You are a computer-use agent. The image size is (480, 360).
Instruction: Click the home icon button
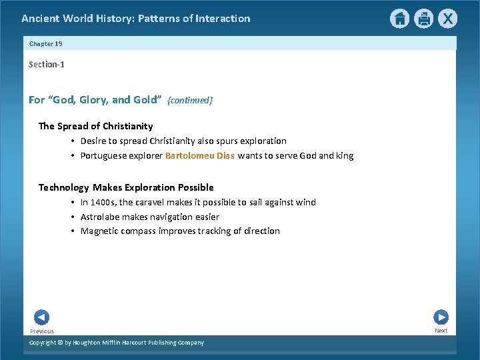pyautogui.click(x=399, y=19)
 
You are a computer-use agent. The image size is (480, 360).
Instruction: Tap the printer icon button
pyautogui.click(x=423, y=19)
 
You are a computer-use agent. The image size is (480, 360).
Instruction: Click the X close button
pyautogui.click(x=447, y=19)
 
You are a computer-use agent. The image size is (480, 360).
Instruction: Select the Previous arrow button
pyautogui.click(x=41, y=317)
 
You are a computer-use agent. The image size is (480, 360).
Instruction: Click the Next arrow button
pyautogui.click(x=441, y=317)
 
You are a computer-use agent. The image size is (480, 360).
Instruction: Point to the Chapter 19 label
pyautogui.click(x=45, y=43)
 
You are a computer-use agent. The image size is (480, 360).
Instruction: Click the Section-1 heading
pyautogui.click(x=47, y=64)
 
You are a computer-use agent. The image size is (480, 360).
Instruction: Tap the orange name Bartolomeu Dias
pyautogui.click(x=200, y=156)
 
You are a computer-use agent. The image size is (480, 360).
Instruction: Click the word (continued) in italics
pyautogui.click(x=190, y=100)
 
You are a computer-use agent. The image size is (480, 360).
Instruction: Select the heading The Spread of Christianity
pyautogui.click(x=95, y=126)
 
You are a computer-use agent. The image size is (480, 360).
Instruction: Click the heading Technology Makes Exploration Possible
pyautogui.click(x=126, y=187)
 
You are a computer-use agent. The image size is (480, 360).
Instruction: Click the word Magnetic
pyautogui.click(x=99, y=231)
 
